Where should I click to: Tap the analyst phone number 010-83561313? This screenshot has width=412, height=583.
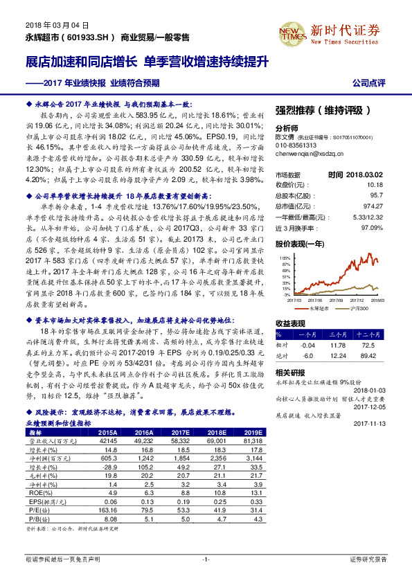pyautogui.click(x=296, y=145)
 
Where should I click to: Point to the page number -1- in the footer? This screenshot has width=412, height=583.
pyautogui.click(x=206, y=559)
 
